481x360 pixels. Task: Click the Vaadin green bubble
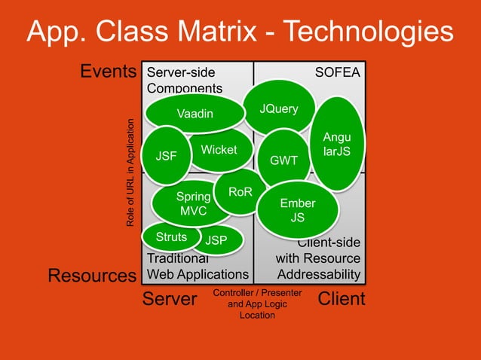tap(195, 114)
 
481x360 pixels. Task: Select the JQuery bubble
tap(278, 109)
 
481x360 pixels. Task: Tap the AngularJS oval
tap(332, 144)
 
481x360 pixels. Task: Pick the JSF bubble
tap(166, 157)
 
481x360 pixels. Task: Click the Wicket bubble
tap(219, 150)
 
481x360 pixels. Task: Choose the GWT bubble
tap(284, 160)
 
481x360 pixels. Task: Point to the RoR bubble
tap(240, 193)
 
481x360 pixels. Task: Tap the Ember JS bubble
tap(297, 210)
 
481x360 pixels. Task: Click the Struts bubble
tap(170, 237)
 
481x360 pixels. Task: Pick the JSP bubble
tap(216, 241)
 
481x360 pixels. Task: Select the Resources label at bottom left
tap(92, 276)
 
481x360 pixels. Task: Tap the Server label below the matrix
tap(170, 299)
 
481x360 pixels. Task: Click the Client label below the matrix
tap(341, 299)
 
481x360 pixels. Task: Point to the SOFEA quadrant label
tap(337, 72)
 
